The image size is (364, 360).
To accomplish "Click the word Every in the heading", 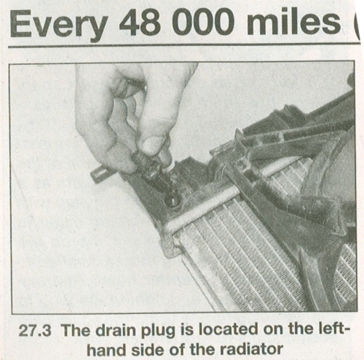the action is coord(58,25).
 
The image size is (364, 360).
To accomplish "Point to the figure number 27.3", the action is coord(35,330).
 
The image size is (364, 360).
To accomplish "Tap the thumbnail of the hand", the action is coord(152,144).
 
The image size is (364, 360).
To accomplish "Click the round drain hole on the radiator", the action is coord(172,201).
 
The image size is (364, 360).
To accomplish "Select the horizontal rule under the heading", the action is coord(184,45).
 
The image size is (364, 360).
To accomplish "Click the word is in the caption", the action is coord(186,330).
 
